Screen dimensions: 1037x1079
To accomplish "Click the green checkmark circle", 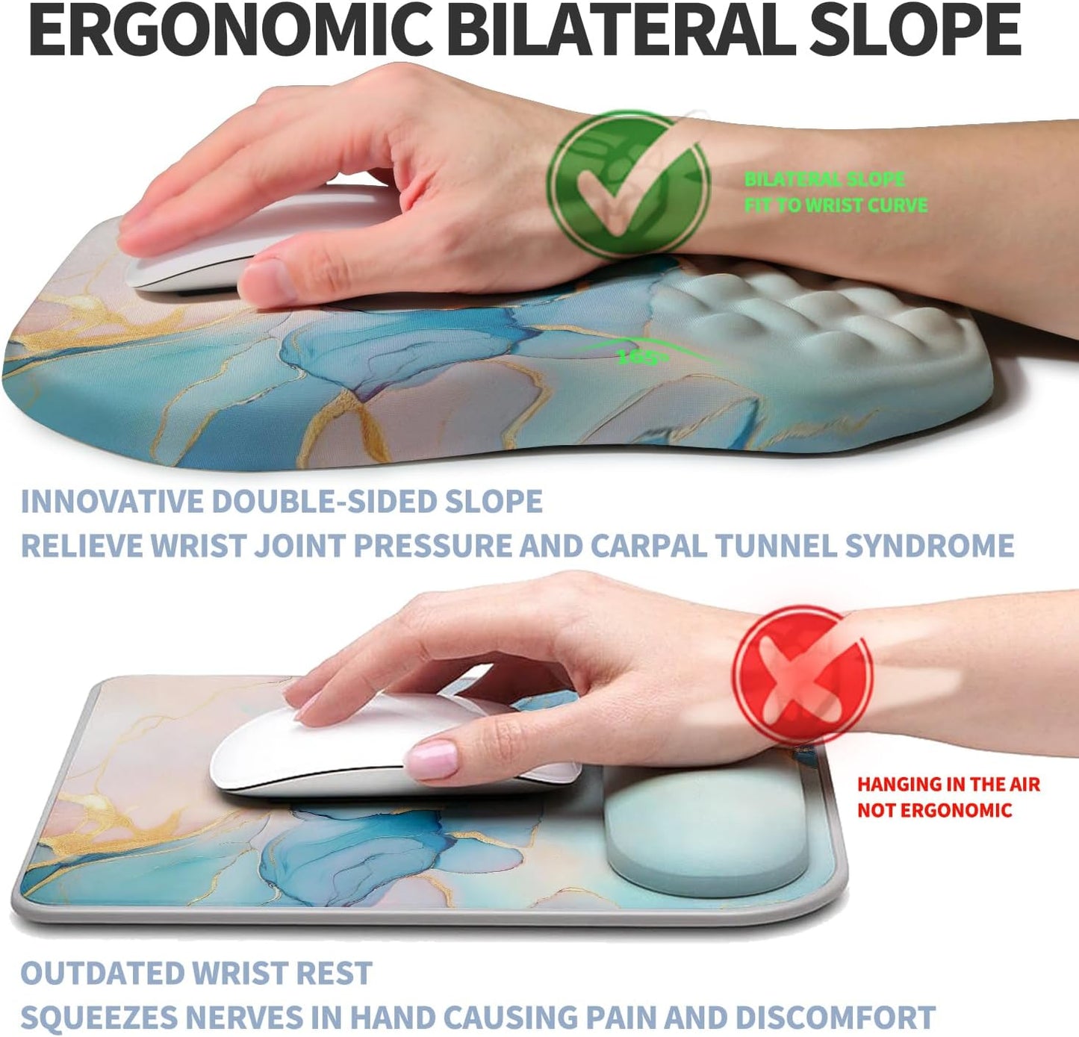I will pyautogui.click(x=628, y=183).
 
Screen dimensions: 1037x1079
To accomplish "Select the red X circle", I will pyautogui.click(x=801, y=675).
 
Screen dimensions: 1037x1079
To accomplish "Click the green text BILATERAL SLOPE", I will pyautogui.click(x=824, y=179).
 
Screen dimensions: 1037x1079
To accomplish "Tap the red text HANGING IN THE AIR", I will pyautogui.click(x=948, y=785).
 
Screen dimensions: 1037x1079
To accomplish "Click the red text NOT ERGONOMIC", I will pyautogui.click(x=934, y=811).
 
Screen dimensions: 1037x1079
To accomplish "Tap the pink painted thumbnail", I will pyautogui.click(x=432, y=760).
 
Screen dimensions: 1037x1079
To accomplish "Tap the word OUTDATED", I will pyautogui.click(x=100, y=974).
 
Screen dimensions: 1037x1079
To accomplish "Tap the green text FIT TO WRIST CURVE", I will pyautogui.click(x=836, y=205).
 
